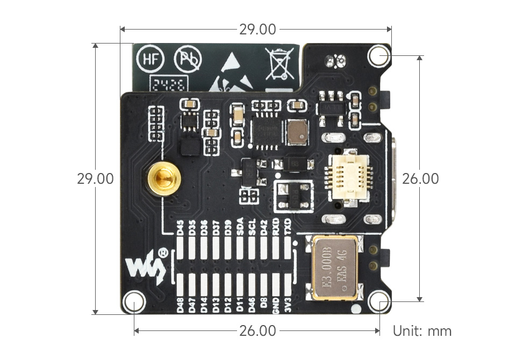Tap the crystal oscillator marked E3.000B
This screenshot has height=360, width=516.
[x=333, y=267]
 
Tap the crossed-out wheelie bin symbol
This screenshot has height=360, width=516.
[x=279, y=63]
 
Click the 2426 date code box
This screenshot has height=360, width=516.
[x=168, y=84]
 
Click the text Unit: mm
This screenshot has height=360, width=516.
[x=422, y=330]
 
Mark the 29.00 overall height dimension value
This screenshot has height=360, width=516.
[x=95, y=178]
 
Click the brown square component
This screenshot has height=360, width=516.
[x=297, y=132]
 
